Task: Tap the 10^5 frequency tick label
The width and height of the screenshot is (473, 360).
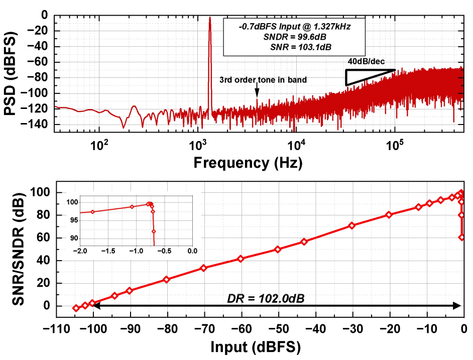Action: [395, 146]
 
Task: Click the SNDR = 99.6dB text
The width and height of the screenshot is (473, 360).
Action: [294, 37]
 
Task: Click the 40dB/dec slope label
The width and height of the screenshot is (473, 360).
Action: [366, 61]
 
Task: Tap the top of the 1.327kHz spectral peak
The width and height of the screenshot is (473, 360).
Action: [210, 19]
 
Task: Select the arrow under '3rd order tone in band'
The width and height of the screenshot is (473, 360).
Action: [257, 91]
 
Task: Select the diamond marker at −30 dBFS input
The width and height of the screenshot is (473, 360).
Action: [351, 225]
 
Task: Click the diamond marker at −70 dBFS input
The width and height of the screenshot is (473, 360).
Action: [203, 268]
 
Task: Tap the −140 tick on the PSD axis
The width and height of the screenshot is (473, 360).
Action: [38, 124]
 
